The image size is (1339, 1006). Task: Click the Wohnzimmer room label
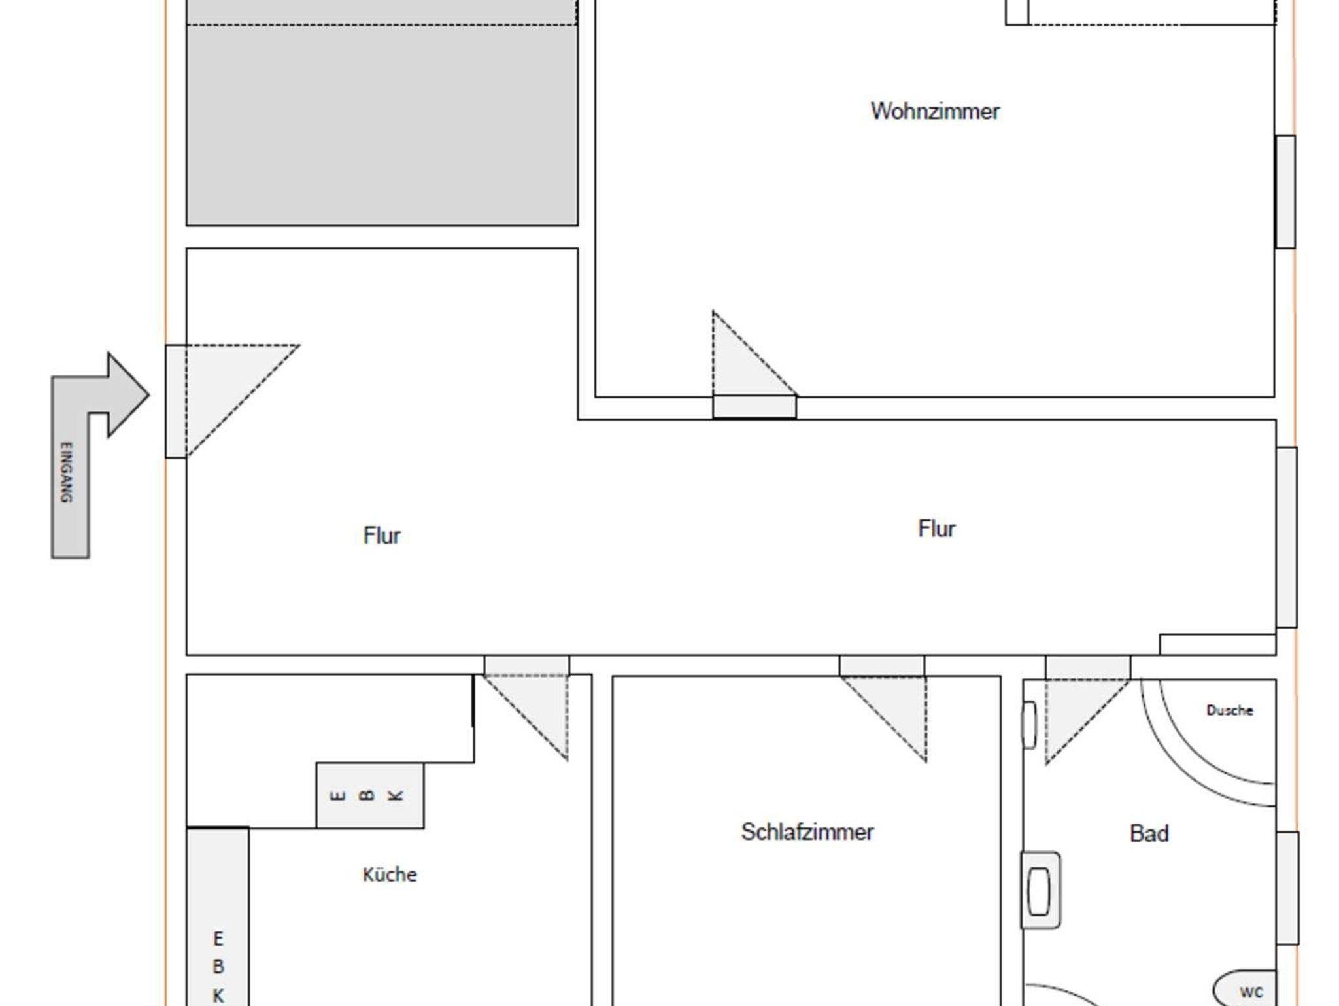(935, 111)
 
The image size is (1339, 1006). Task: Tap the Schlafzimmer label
(807, 832)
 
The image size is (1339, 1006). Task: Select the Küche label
(390, 875)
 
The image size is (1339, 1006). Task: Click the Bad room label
(1149, 833)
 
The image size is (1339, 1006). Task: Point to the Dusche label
(1230, 710)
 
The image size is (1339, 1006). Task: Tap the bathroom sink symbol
(1040, 890)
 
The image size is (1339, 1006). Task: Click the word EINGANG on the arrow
(66, 472)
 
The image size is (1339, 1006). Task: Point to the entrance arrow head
(128, 394)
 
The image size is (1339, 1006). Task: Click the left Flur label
(382, 536)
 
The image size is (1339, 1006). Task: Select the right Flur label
(936, 529)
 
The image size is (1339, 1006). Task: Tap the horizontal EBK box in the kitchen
(370, 795)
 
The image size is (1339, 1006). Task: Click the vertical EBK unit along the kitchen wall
(218, 916)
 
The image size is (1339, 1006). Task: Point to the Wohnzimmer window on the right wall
(1285, 192)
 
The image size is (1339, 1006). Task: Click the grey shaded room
(382, 113)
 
